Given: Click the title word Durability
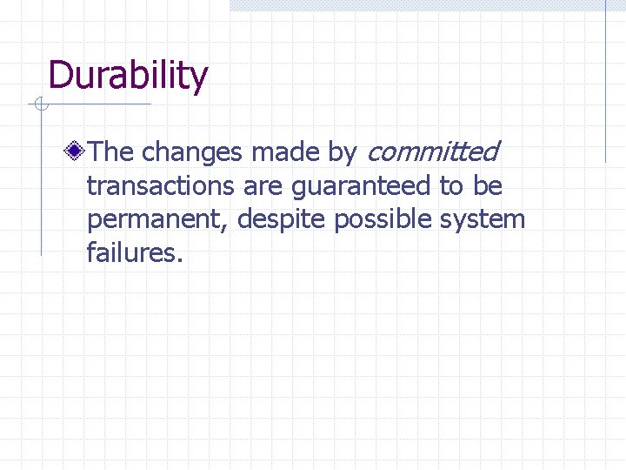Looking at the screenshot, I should click(129, 76).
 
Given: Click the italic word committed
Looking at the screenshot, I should click(432, 152).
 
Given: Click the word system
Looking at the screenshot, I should click(483, 219).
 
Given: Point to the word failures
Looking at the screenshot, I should click(135, 252).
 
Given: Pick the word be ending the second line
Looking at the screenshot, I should click(488, 186).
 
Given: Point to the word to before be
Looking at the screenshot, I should click(451, 186).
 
